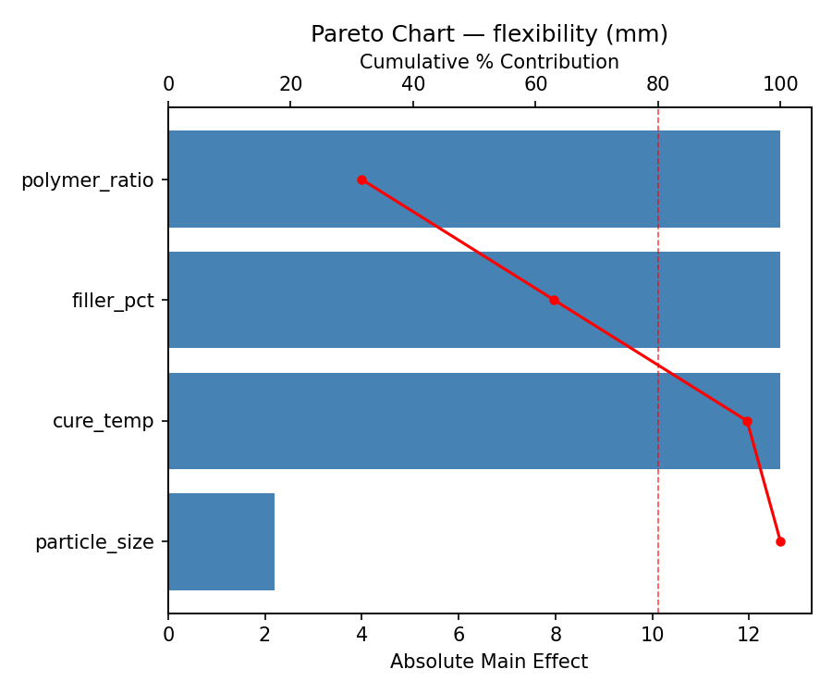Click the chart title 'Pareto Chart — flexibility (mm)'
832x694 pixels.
[x=489, y=34]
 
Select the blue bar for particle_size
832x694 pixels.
[x=221, y=541]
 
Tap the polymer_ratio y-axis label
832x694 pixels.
[x=87, y=180]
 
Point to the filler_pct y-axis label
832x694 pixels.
[x=113, y=301]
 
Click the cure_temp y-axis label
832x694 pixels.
[x=103, y=421]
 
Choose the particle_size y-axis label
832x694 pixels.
[x=94, y=542]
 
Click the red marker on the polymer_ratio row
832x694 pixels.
[x=361, y=180]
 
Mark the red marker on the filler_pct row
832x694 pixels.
[x=554, y=300]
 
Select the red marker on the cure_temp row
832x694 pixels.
[x=747, y=421]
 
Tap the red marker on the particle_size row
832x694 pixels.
[x=780, y=541]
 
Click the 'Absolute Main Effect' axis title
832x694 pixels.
[x=489, y=662]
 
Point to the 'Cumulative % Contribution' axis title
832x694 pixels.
[x=489, y=62]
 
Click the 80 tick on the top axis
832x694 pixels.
[x=658, y=84]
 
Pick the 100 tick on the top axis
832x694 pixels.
[x=780, y=84]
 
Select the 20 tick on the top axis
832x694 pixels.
[x=290, y=84]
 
